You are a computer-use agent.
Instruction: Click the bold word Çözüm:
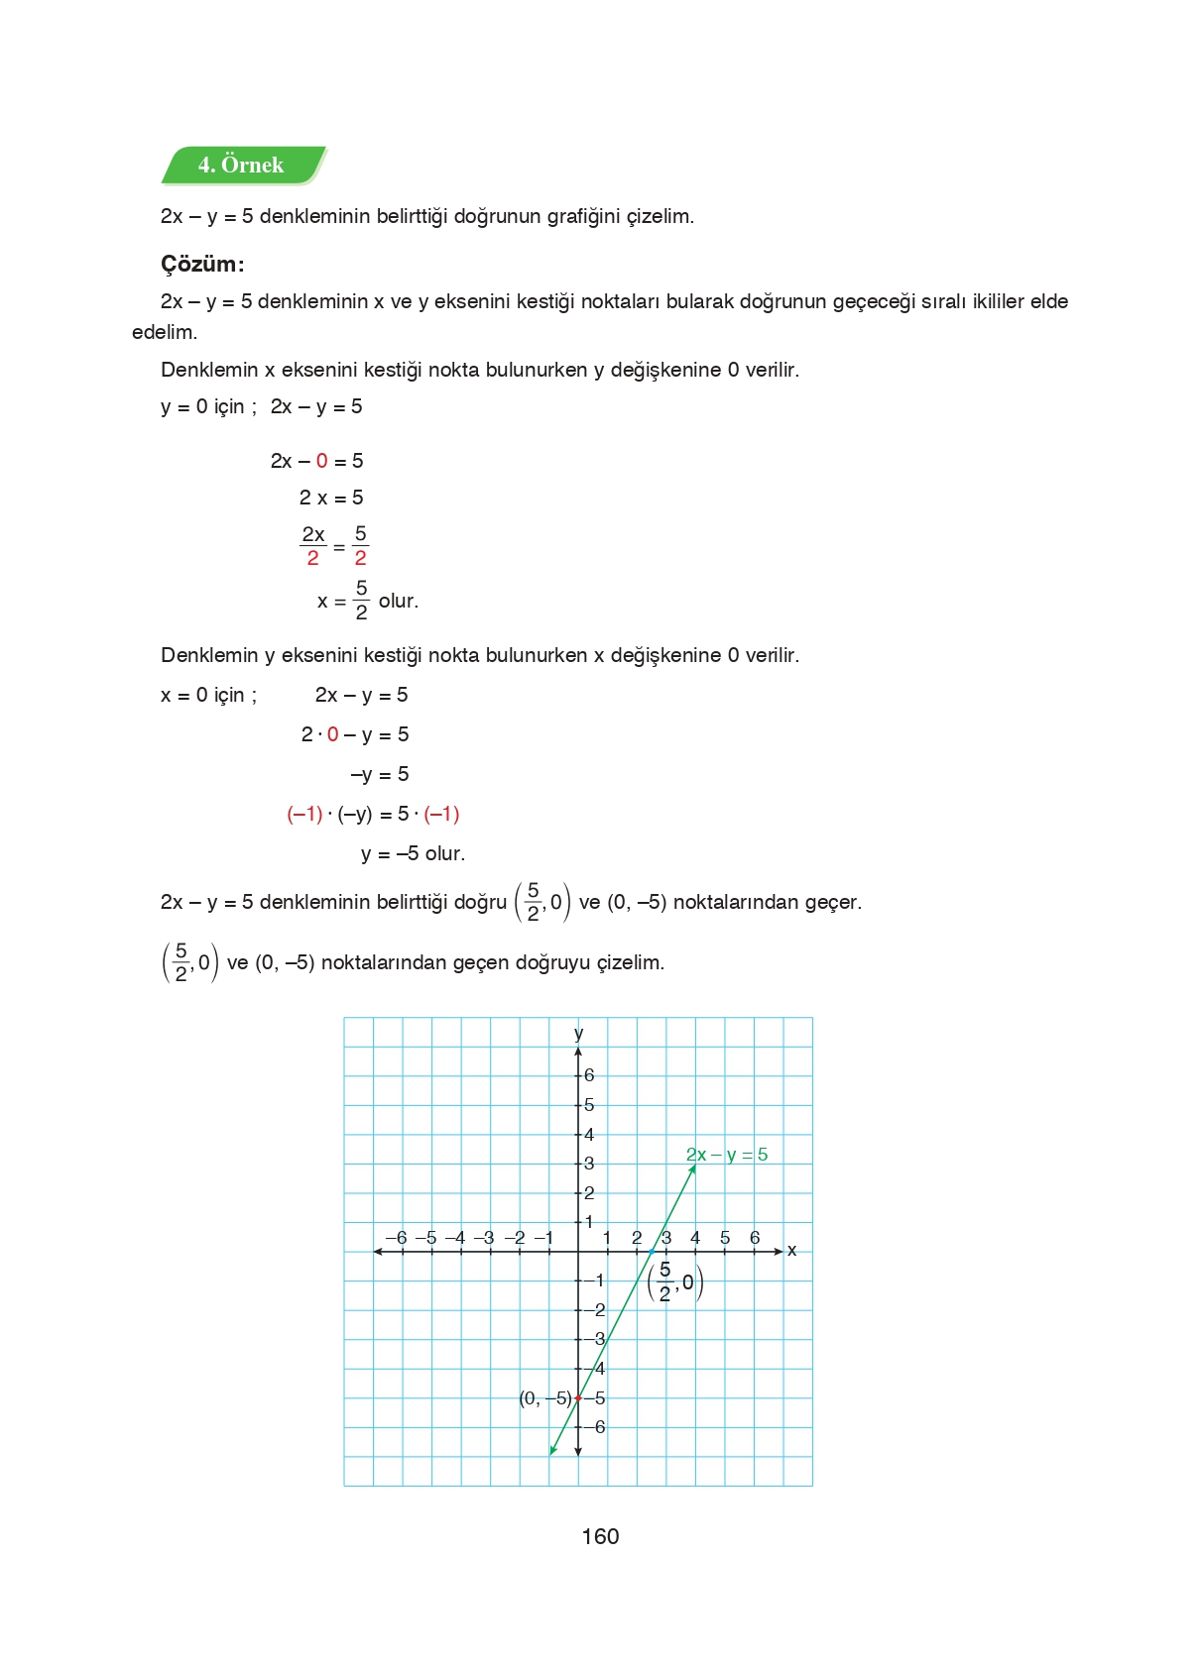[x=202, y=265]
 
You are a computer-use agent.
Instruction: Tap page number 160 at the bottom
[x=600, y=1536]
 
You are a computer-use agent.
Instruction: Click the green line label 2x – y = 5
[x=727, y=1155]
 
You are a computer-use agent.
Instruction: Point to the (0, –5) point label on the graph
[x=545, y=1398]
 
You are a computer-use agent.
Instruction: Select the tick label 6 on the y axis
[x=589, y=1075]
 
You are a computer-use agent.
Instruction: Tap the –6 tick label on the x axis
[x=396, y=1238]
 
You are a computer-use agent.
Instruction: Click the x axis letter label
[x=791, y=1251]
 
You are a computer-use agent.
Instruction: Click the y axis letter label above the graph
[x=578, y=1034]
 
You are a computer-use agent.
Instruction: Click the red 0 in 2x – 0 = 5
[x=322, y=461]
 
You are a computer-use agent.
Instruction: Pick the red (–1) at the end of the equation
[x=441, y=814]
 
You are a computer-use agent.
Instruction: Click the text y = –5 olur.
[x=413, y=853]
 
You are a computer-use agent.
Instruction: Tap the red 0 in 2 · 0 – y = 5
[x=333, y=734]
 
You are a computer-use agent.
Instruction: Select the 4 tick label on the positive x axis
[x=695, y=1238]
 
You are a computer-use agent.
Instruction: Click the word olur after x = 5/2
[x=398, y=601]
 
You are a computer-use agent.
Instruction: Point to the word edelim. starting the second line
[x=165, y=332]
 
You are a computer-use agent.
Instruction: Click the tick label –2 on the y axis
[x=595, y=1310]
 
